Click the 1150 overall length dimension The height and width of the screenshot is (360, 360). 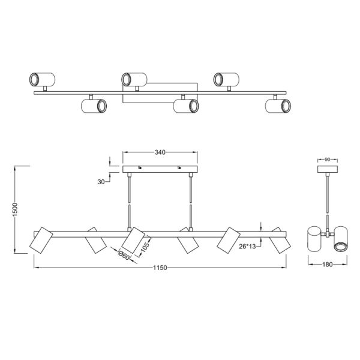[160, 268]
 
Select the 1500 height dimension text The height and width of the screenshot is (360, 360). [15, 209]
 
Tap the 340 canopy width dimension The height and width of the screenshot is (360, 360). [160, 152]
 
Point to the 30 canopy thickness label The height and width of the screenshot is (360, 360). [101, 182]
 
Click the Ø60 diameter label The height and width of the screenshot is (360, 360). [124, 255]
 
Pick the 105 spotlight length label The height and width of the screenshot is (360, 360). [145, 247]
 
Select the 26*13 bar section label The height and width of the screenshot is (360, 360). [247, 247]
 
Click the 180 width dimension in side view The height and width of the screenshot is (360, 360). [328, 265]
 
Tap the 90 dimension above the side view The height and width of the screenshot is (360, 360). [328, 160]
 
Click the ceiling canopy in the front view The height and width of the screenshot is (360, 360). [160, 169]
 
